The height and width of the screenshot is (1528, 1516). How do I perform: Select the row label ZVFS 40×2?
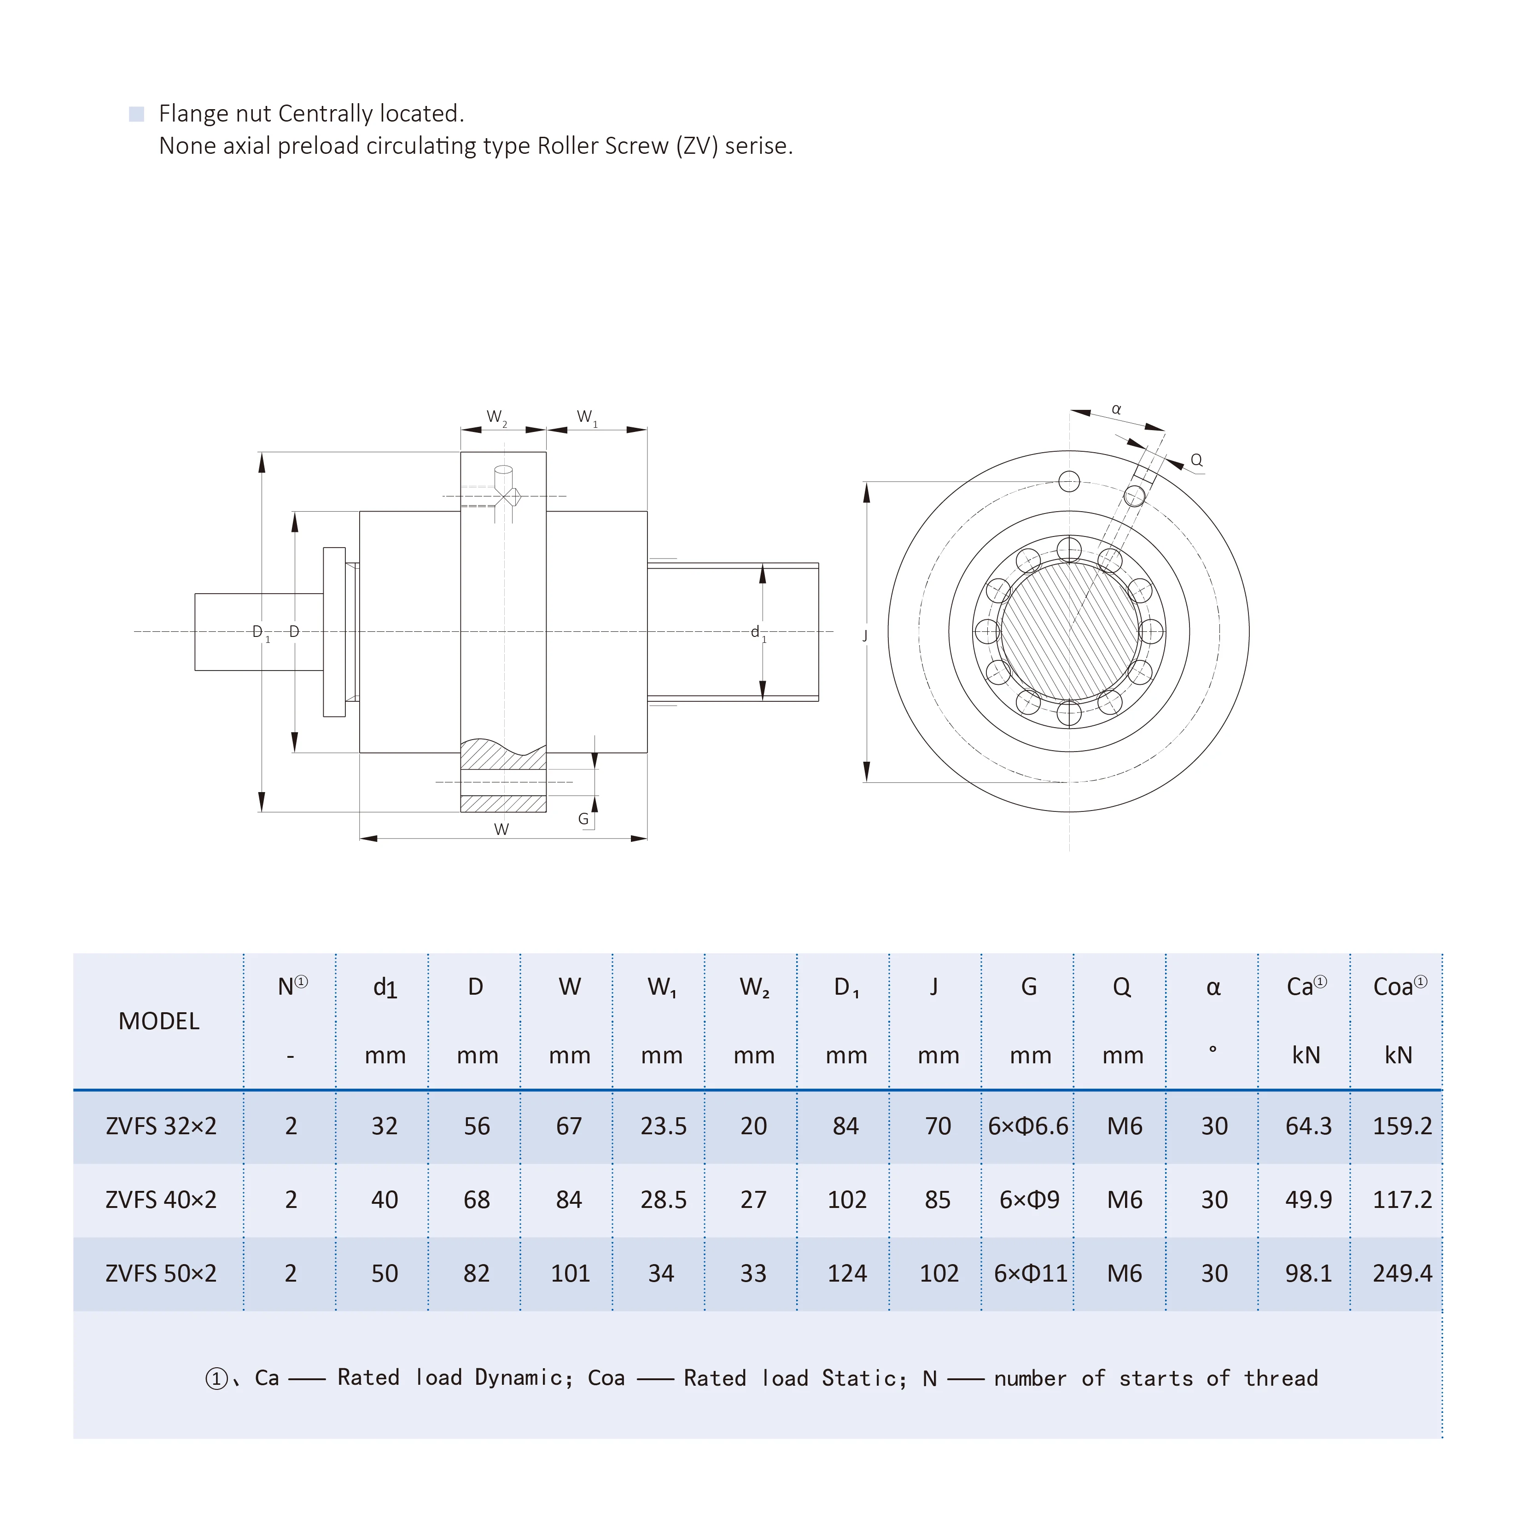(161, 1199)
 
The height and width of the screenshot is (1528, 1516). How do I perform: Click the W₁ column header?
(661, 986)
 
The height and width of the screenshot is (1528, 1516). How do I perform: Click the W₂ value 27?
(753, 1199)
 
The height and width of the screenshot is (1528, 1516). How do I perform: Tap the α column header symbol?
(1213, 987)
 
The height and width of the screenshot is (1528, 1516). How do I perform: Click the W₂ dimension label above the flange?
(496, 417)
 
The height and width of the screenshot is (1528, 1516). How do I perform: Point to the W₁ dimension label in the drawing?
(586, 417)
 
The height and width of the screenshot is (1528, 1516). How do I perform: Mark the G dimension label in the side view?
(583, 819)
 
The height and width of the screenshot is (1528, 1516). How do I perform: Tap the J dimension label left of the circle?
(865, 635)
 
